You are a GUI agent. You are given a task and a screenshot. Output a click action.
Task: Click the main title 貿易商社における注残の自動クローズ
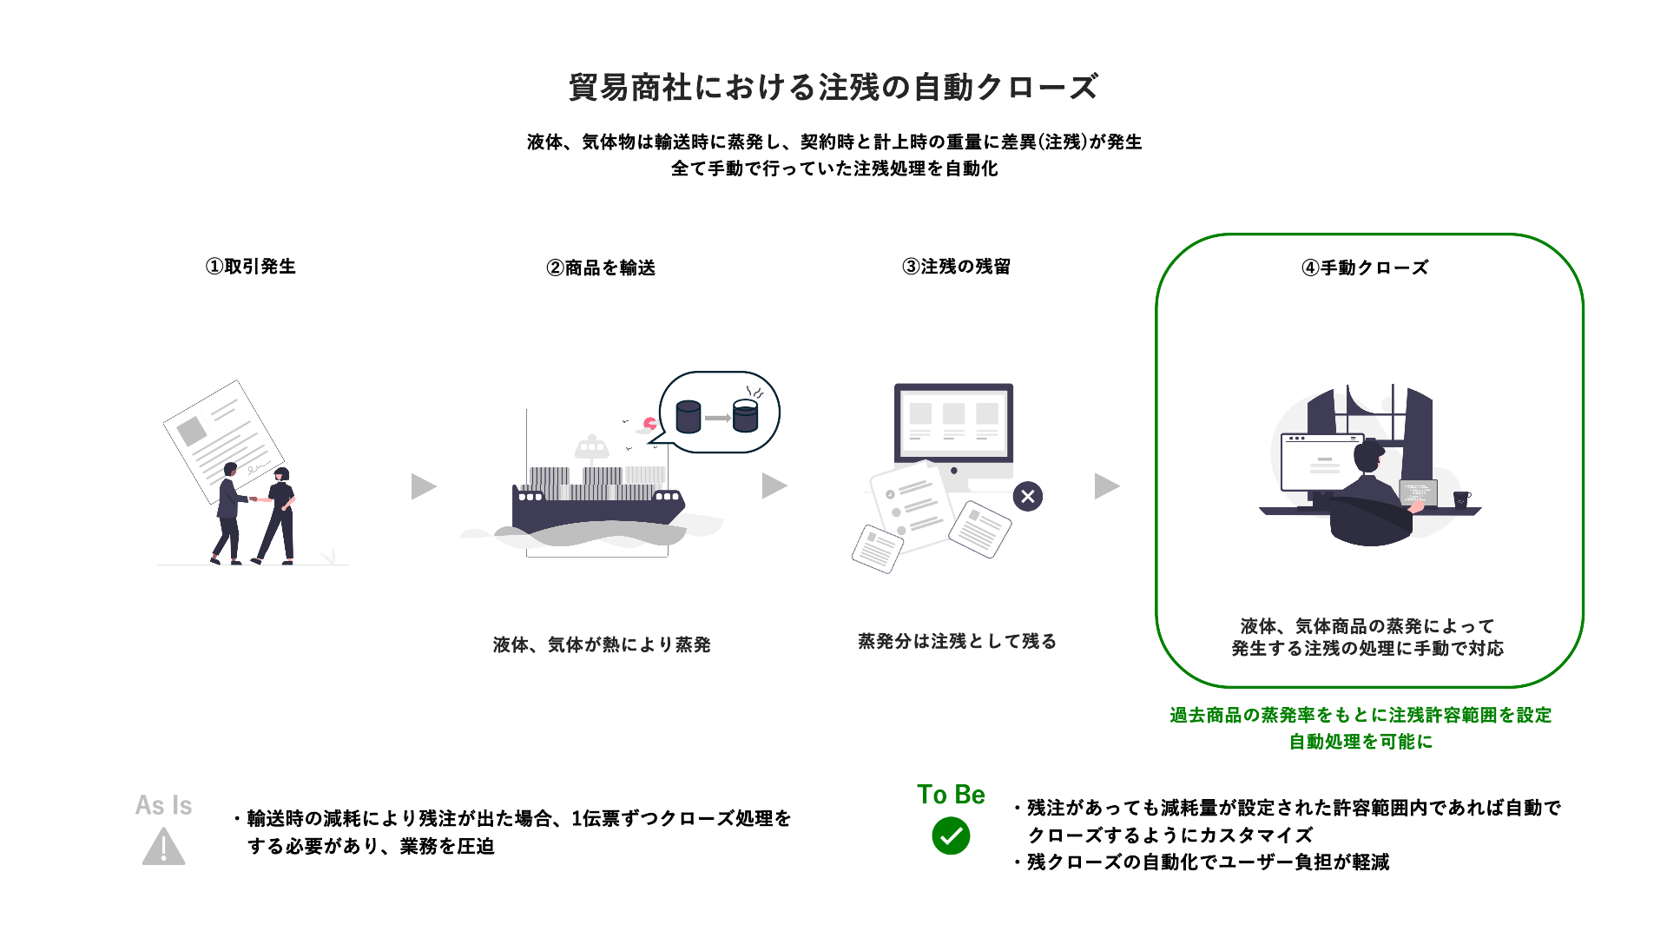click(833, 87)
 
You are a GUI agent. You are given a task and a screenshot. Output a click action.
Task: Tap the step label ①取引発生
click(251, 267)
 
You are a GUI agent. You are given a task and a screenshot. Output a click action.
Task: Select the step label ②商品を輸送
click(601, 268)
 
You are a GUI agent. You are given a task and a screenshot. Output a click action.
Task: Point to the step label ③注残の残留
click(956, 267)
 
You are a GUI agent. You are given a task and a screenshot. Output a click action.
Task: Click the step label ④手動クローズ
click(1365, 268)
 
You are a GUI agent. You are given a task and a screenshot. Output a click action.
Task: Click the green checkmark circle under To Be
click(951, 836)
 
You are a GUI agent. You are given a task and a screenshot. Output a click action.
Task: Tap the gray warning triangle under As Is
click(163, 849)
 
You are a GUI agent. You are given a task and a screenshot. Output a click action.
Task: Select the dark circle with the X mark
click(1028, 497)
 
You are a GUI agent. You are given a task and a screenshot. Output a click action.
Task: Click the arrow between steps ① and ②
click(423, 486)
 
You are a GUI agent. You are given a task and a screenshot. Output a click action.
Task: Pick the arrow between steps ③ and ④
click(1106, 486)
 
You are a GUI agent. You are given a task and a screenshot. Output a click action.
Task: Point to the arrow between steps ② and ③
click(774, 486)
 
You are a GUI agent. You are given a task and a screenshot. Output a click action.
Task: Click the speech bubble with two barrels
click(719, 413)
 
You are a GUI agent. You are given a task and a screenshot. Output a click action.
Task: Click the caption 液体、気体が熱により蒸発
click(602, 644)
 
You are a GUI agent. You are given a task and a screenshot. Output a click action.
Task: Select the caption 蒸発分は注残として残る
click(957, 641)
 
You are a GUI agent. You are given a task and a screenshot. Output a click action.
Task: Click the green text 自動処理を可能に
click(1361, 742)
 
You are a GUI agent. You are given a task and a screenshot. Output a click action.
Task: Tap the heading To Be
click(951, 795)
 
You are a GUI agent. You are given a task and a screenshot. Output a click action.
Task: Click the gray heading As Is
click(163, 805)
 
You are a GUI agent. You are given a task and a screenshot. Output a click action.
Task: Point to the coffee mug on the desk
click(1461, 499)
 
